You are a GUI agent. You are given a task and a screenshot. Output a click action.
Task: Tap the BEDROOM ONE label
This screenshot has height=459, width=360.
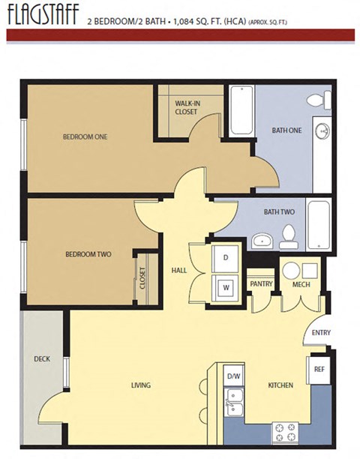84,136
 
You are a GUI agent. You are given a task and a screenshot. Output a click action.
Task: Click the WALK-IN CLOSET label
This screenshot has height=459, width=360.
187,106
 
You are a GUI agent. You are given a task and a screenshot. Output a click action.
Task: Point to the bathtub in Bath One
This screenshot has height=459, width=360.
241,111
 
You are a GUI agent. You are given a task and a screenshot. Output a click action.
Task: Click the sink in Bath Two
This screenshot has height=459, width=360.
262,240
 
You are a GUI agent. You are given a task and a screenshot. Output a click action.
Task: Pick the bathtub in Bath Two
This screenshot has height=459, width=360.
319,225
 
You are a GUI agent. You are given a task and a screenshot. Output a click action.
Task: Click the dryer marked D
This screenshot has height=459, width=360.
225,258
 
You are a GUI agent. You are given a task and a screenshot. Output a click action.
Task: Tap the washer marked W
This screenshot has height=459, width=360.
225,285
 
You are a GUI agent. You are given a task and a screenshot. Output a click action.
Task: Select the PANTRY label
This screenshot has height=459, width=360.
260,284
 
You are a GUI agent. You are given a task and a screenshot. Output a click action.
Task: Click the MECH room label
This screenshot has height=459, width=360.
301,284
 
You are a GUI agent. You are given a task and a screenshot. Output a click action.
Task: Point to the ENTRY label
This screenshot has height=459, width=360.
320,332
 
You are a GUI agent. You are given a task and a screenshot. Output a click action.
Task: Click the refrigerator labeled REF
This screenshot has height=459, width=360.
319,369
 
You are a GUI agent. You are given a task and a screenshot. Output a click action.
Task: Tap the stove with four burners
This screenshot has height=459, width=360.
285,431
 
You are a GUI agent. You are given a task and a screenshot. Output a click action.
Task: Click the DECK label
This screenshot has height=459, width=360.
42,358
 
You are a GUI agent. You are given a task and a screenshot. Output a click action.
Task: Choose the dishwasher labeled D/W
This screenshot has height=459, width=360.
232,375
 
